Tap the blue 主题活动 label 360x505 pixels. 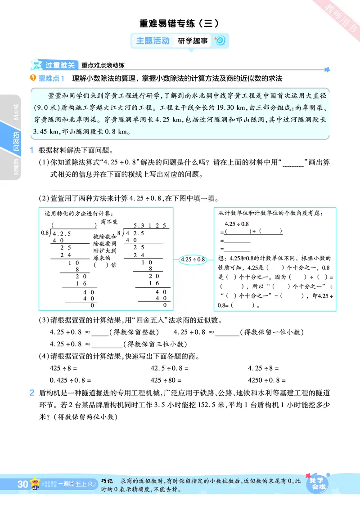point(153,41)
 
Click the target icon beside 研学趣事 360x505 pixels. point(220,41)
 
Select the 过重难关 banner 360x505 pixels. point(59,65)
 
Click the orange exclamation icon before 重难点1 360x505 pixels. point(32,79)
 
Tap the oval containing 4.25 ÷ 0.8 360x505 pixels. point(192,259)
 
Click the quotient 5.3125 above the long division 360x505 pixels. point(150,225)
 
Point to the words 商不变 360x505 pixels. point(109,222)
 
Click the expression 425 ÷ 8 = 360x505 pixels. point(63,368)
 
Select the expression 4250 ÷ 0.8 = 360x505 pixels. point(267,380)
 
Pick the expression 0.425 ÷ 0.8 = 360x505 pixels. point(70,380)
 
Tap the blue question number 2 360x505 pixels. point(32,393)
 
